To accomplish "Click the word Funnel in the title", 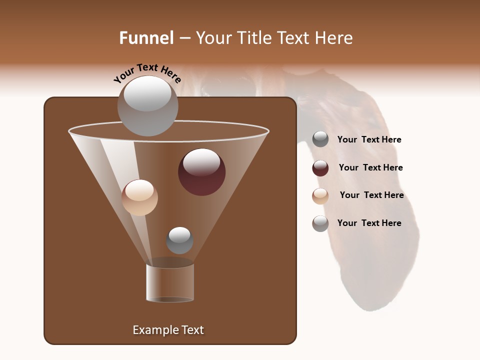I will [x=146, y=38].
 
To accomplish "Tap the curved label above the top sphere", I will [x=147, y=73].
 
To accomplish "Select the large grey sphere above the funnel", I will [x=147, y=106].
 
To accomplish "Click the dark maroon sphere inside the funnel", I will [x=201, y=172].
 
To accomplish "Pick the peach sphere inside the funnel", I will [x=139, y=197].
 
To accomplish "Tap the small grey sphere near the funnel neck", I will [x=179, y=240].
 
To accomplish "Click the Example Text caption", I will [x=168, y=330].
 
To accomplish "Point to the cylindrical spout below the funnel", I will [x=170, y=283].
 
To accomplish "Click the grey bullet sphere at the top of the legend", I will [x=320, y=139].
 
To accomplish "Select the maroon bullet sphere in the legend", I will [x=320, y=168].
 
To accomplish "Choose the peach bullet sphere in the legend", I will [x=320, y=196].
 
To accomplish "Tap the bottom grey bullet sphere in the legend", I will [x=320, y=223].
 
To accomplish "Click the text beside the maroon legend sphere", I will [x=370, y=168].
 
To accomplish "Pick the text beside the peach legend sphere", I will [x=371, y=195].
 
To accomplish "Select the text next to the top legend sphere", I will [x=369, y=140].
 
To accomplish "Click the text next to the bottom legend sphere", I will [x=369, y=223].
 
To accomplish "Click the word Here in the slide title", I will [x=334, y=38].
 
